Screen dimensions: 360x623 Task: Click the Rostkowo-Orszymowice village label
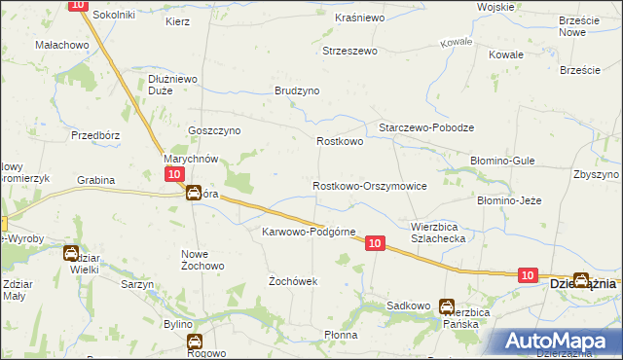coord(369,185)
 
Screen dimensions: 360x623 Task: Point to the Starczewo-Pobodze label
coord(425,128)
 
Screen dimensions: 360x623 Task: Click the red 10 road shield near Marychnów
coord(172,173)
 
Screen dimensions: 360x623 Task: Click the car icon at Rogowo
coord(194,342)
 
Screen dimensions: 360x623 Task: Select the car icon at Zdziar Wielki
coord(72,254)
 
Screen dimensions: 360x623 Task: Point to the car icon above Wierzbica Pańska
coord(447,306)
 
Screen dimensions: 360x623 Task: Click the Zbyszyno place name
coord(597,174)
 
